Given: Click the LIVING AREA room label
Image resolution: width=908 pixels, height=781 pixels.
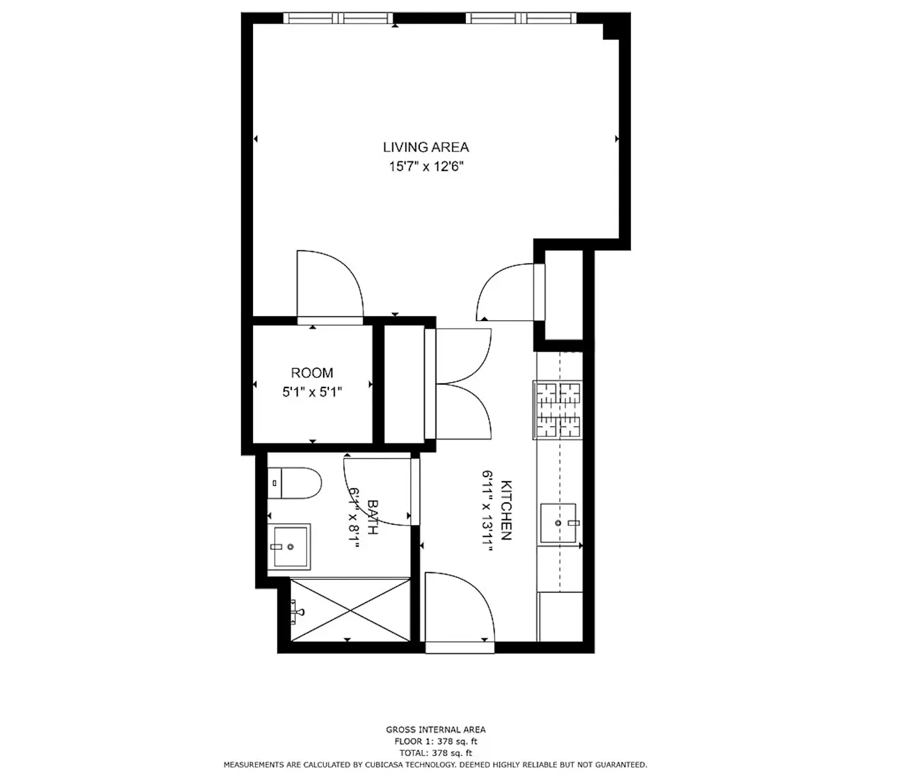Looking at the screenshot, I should pyautogui.click(x=426, y=147).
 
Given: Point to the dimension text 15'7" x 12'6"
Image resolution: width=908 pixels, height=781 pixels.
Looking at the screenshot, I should pyautogui.click(x=426, y=167).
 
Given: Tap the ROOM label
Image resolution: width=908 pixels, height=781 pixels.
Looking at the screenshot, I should pyautogui.click(x=312, y=373).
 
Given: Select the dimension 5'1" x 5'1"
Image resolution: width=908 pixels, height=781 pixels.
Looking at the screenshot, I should pyautogui.click(x=312, y=392).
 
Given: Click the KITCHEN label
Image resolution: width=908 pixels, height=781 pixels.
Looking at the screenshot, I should pyautogui.click(x=506, y=510).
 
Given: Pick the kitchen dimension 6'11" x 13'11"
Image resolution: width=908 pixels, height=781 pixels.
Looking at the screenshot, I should pyautogui.click(x=488, y=507).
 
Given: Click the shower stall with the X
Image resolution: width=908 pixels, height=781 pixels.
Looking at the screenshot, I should pyautogui.click(x=350, y=610).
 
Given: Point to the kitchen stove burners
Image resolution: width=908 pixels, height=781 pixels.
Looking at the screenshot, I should pyautogui.click(x=557, y=410).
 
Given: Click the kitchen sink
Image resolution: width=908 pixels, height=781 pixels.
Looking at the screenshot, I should pyautogui.click(x=558, y=523).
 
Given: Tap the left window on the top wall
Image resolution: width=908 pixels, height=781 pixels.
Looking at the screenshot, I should pyautogui.click(x=338, y=18).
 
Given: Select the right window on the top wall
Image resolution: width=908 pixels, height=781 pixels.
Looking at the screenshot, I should pyautogui.click(x=521, y=18).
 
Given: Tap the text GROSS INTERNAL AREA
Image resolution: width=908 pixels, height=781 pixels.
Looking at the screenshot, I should pyautogui.click(x=436, y=729).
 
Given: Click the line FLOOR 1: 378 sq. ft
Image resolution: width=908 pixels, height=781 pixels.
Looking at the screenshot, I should pyautogui.click(x=436, y=742).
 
